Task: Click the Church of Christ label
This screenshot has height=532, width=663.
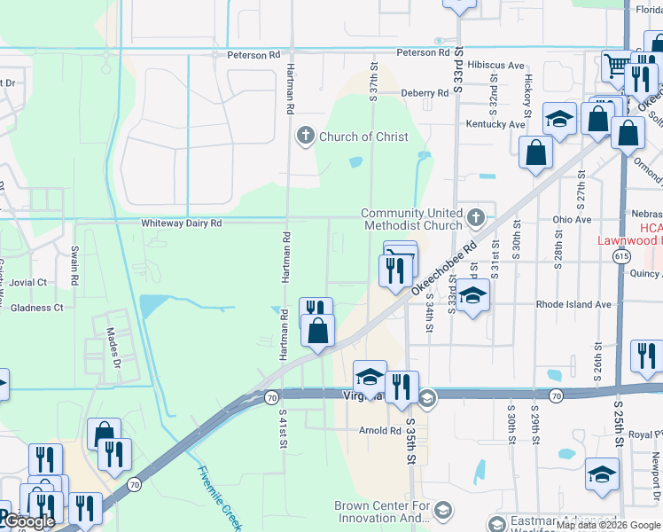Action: (363, 137)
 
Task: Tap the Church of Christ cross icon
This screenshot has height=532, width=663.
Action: (306, 136)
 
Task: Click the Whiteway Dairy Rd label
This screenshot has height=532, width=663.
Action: (181, 223)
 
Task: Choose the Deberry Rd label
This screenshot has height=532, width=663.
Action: (425, 93)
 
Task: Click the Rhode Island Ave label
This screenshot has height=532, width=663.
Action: (573, 304)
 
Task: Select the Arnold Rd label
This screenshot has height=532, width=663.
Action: (380, 431)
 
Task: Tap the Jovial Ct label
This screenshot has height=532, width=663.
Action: (29, 282)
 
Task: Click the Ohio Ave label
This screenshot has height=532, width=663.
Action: (571, 219)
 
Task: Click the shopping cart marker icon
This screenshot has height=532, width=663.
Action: (616, 65)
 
